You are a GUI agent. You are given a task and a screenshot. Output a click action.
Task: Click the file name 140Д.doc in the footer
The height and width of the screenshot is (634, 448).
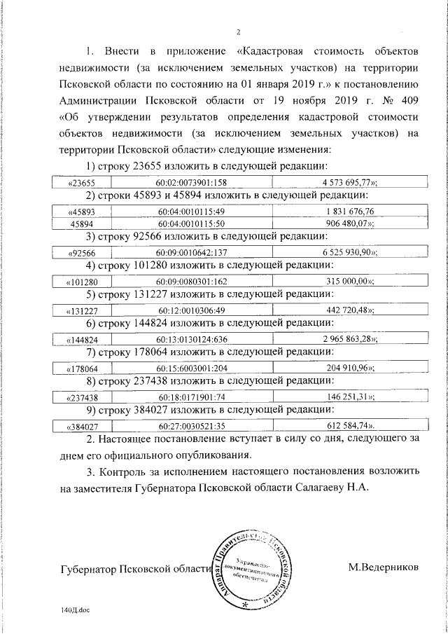[76, 610]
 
